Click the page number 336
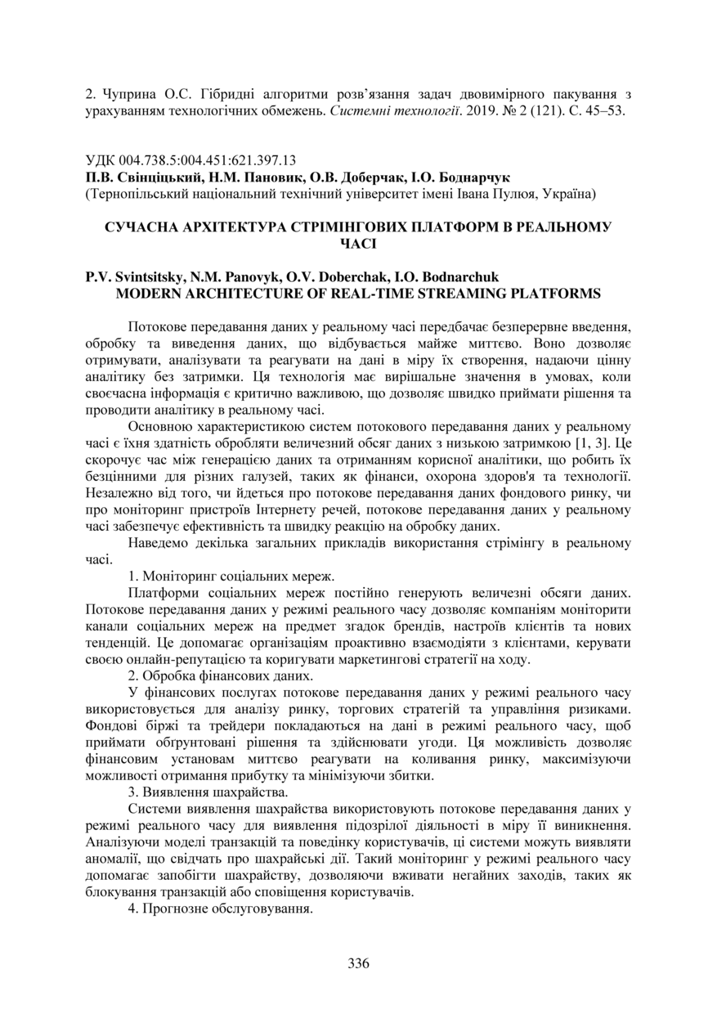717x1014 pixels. click(358, 962)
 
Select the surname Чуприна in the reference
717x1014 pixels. click(127, 95)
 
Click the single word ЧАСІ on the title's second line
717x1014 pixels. click(357, 242)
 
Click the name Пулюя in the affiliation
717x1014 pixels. click(500, 193)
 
